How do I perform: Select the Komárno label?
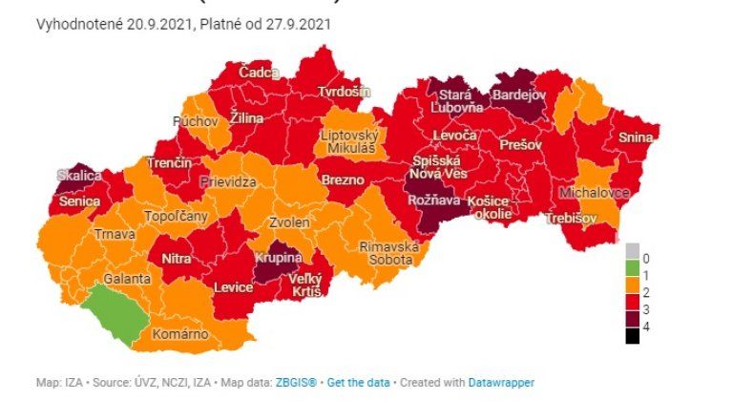(181, 335)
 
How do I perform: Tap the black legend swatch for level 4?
(633, 334)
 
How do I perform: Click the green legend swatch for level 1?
(633, 275)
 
